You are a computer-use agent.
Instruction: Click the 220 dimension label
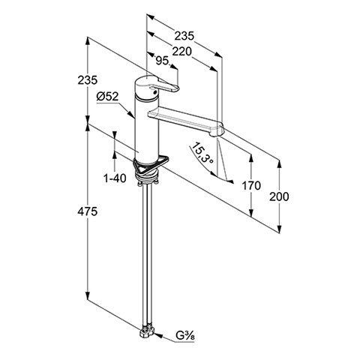pyautogui.click(x=181, y=52)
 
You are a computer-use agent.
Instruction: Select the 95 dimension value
pyautogui.click(x=162, y=61)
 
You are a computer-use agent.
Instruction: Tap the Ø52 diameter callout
pyautogui.click(x=107, y=97)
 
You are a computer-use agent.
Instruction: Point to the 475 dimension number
pyautogui.click(x=87, y=211)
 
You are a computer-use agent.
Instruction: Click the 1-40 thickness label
pyautogui.click(x=115, y=178)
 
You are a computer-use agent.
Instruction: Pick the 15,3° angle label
pyautogui.click(x=203, y=153)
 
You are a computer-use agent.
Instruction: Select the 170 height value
pyautogui.click(x=251, y=185)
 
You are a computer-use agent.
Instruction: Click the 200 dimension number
pyautogui.click(x=279, y=196)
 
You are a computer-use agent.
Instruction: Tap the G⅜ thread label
pyautogui.click(x=185, y=335)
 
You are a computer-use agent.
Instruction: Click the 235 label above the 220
pyautogui.click(x=184, y=36)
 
